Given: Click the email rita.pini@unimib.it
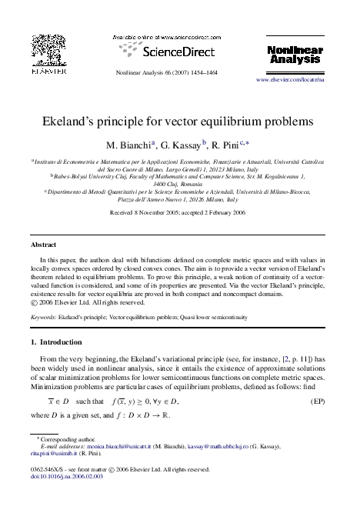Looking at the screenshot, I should click(x=54, y=455).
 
